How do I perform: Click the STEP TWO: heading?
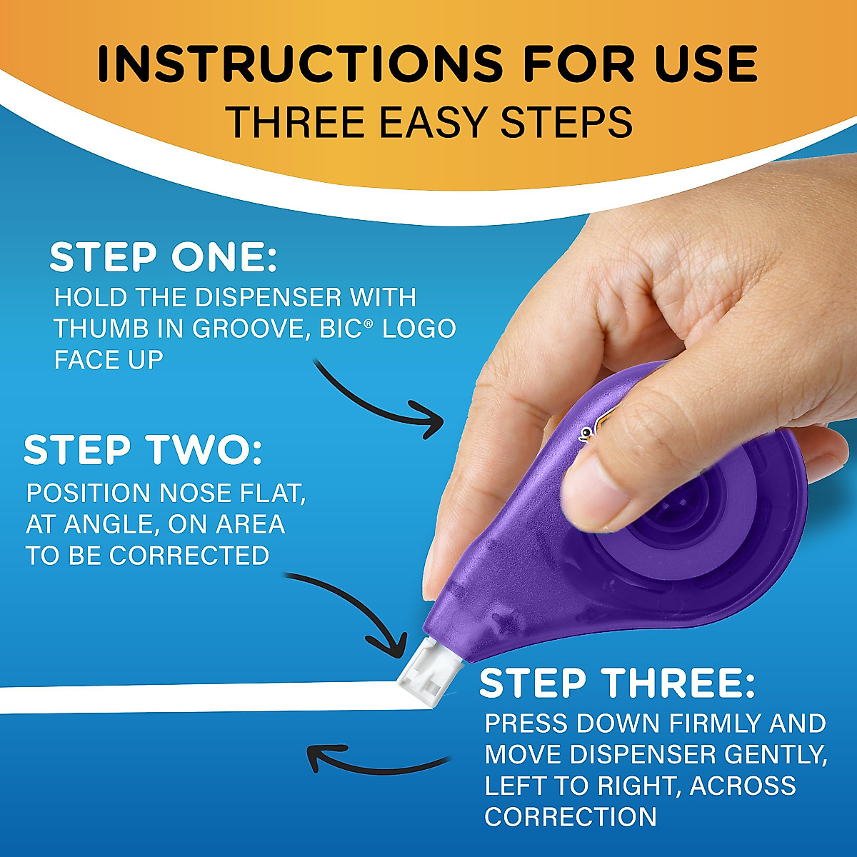[143, 450]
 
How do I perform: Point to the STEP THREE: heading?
[616, 683]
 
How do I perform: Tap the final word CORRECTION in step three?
[570, 816]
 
